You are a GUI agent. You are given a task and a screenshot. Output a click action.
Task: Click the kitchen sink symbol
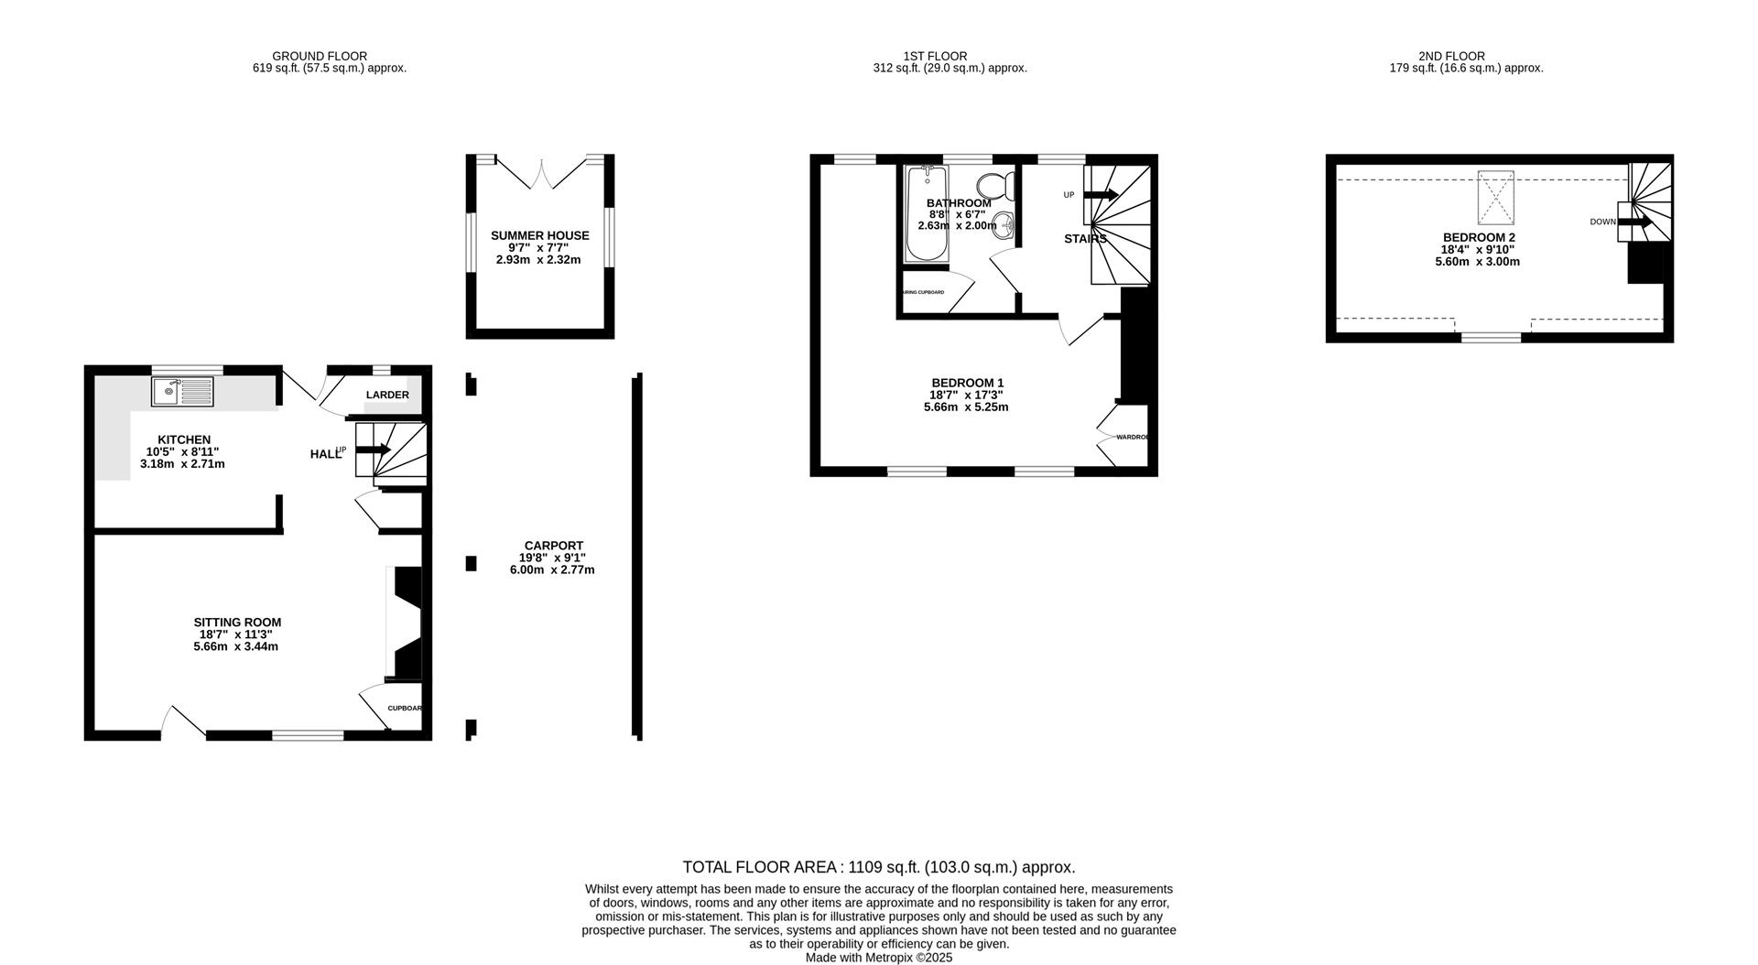(x=182, y=392)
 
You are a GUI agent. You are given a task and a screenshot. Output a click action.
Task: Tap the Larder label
(x=387, y=395)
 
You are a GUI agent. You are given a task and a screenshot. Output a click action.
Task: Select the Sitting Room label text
(x=237, y=623)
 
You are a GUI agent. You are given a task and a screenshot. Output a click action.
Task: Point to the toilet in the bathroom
(x=995, y=185)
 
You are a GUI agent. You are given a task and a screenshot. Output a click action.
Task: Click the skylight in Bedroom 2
(x=1495, y=198)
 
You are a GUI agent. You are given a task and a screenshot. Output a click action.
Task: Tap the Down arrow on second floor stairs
(x=1634, y=222)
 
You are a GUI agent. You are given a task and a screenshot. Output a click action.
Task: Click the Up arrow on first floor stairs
(x=1100, y=194)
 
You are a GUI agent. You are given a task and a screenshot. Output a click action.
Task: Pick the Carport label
(x=553, y=546)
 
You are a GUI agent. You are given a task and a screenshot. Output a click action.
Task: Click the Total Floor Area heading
(x=878, y=867)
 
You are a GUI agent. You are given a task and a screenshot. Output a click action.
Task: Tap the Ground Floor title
(x=320, y=56)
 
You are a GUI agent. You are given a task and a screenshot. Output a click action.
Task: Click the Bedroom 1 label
(x=967, y=383)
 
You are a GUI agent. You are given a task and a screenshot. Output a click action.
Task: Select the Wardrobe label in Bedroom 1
(x=1133, y=437)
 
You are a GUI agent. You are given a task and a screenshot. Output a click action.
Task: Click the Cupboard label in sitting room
(x=405, y=708)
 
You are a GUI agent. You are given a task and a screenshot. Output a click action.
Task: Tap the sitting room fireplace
(x=406, y=623)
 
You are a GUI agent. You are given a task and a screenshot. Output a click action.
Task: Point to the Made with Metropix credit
(x=878, y=958)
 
